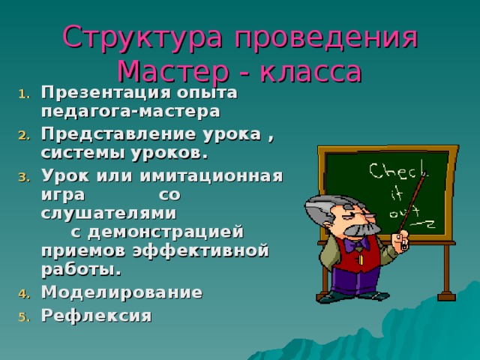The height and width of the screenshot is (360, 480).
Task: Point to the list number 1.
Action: click(x=22, y=94)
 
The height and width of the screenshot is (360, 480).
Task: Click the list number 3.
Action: click(x=22, y=178)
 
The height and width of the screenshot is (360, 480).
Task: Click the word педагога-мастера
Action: click(x=130, y=111)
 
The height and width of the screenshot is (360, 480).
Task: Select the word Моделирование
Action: click(x=121, y=292)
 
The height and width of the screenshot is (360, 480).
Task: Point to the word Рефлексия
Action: click(x=96, y=316)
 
